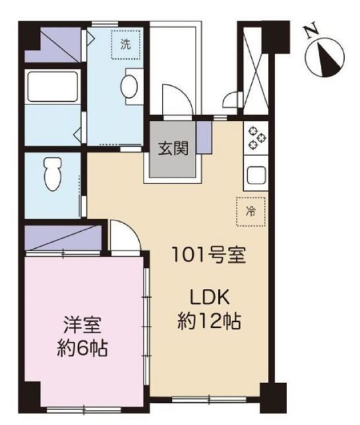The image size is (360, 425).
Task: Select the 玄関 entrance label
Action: [x=173, y=148]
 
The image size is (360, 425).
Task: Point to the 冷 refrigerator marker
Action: [x=251, y=212]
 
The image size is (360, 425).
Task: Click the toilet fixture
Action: [x=51, y=175]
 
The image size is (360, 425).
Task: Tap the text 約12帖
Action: [x=209, y=321]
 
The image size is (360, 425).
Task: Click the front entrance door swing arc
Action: [x=177, y=102]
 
